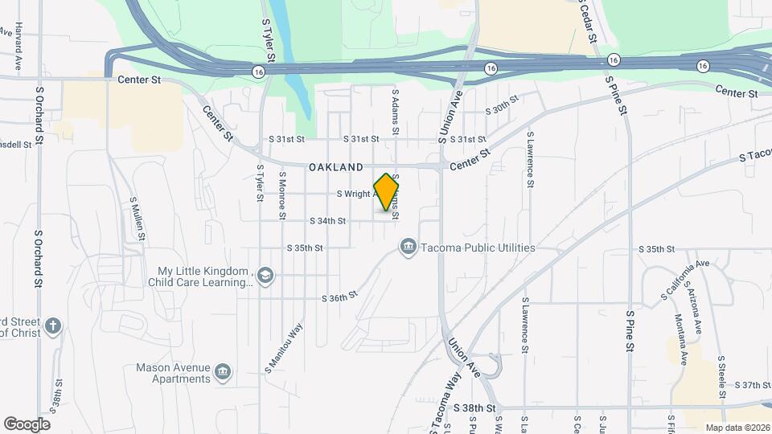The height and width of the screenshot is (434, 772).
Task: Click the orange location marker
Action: (x=387, y=192)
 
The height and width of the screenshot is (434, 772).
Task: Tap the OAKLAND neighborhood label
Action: (x=335, y=167)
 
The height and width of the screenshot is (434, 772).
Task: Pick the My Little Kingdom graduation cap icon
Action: (x=265, y=276)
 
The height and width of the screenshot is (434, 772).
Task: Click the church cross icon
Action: (x=53, y=325)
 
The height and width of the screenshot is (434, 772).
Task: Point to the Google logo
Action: (x=27, y=424)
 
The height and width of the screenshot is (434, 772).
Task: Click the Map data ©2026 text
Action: (x=737, y=427)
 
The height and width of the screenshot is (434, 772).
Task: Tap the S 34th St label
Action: (x=327, y=221)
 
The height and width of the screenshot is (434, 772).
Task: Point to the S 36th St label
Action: (x=339, y=298)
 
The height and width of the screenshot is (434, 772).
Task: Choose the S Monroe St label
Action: (x=282, y=194)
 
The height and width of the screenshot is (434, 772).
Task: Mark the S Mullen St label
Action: (x=138, y=218)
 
